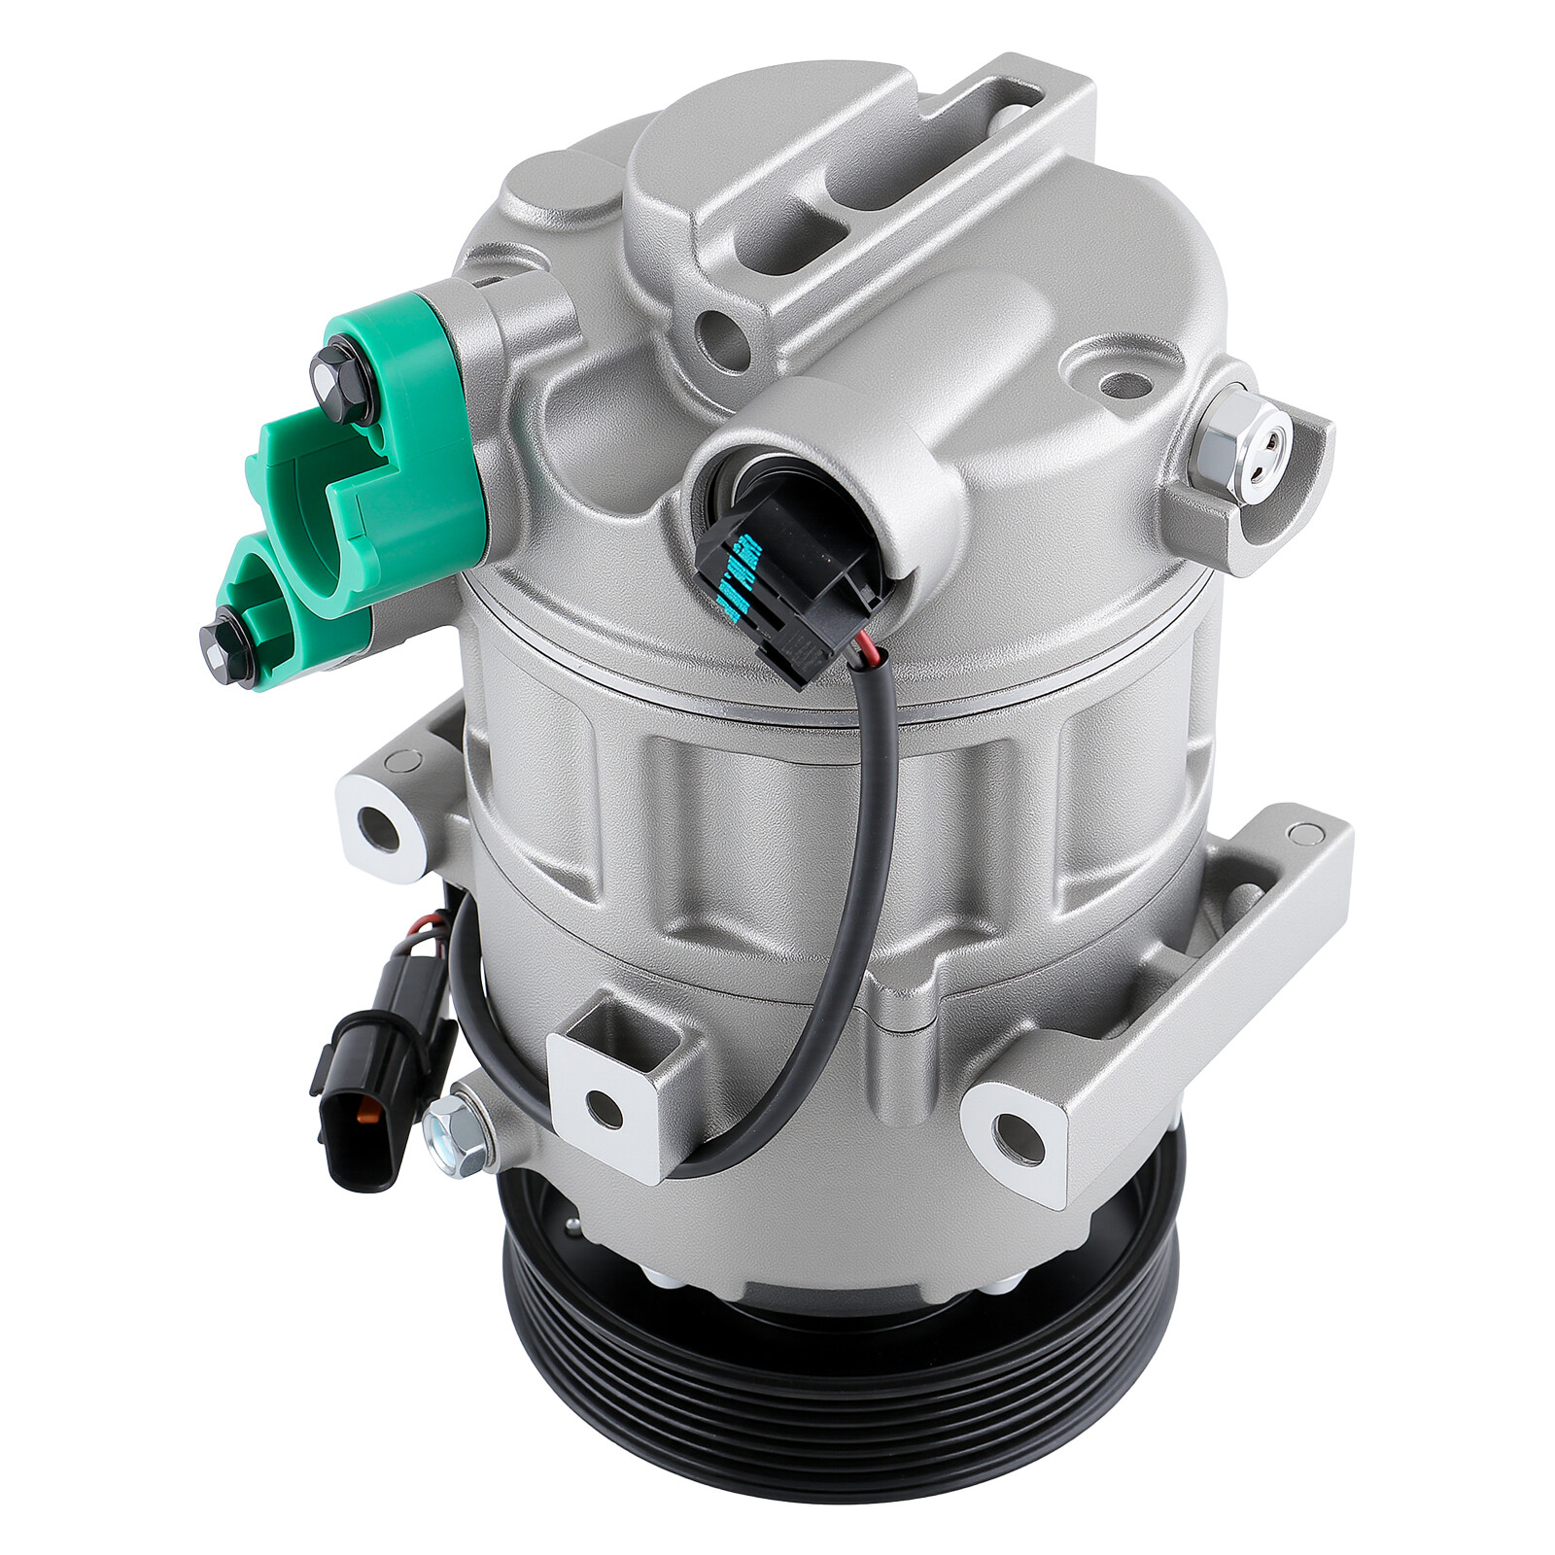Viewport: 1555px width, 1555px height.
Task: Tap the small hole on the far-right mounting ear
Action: (x=1299, y=833)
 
